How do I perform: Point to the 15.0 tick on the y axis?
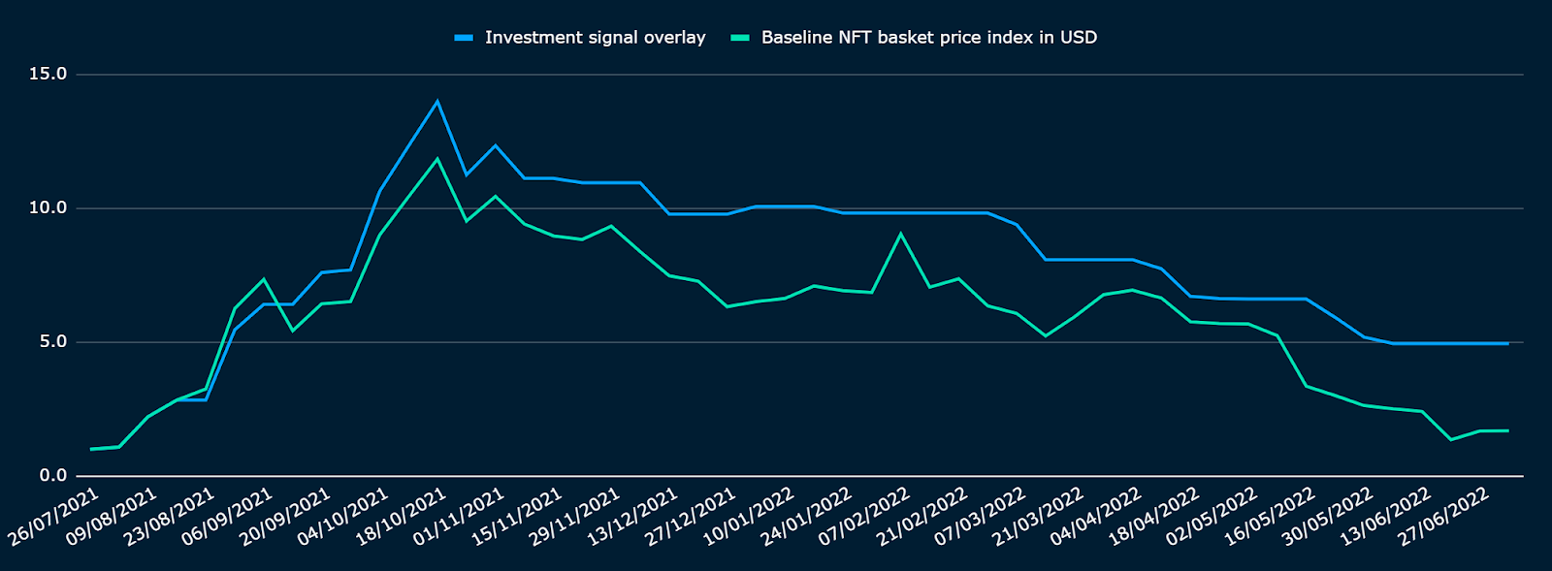[48, 75]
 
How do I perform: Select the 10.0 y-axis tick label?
[48, 208]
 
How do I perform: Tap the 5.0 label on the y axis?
[52, 342]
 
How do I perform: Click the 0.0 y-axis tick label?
[52, 476]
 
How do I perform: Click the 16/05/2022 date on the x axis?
[1272, 516]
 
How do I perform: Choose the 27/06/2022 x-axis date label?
[1445, 516]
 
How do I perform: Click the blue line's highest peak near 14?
[437, 101]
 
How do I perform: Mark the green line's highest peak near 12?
[437, 159]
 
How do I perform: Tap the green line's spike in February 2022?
[900, 234]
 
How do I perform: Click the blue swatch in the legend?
[464, 38]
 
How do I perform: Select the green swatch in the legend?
[740, 38]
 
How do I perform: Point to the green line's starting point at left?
[90, 449]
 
